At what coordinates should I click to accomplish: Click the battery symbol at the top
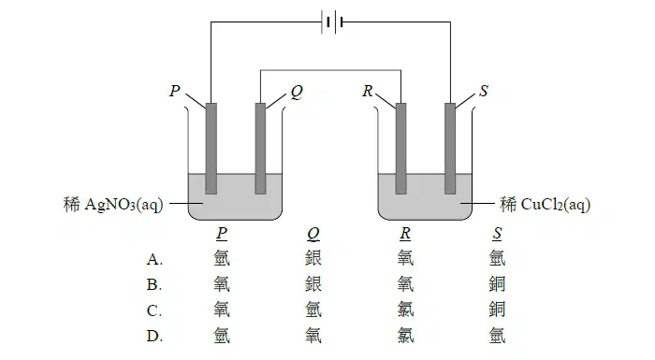tap(332, 22)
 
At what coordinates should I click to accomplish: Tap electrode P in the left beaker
tap(211, 149)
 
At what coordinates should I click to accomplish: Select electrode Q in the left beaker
tap(260, 149)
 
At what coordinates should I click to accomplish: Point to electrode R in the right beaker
tap(400, 149)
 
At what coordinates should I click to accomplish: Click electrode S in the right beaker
tap(450, 149)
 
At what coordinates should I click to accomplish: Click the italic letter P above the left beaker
tap(175, 91)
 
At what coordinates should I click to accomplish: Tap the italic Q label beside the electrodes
tap(297, 92)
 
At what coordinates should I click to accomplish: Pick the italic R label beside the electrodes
tap(368, 91)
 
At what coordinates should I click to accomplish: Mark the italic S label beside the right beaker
tap(484, 91)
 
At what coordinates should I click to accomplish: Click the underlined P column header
tap(222, 234)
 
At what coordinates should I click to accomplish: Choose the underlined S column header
tap(497, 234)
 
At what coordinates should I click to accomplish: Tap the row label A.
tap(154, 260)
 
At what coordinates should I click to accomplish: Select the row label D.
tap(154, 336)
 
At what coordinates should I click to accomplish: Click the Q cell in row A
tap(313, 258)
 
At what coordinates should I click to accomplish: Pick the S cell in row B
tap(497, 284)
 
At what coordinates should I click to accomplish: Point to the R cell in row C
tap(405, 310)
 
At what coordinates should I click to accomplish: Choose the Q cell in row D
tap(313, 335)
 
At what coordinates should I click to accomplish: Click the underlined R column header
tap(405, 234)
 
